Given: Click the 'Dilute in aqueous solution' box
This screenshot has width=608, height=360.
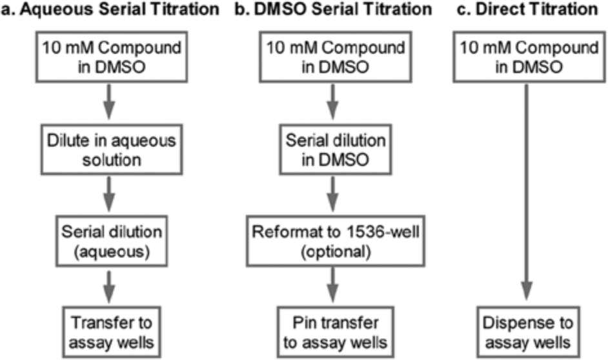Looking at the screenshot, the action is coord(112,150).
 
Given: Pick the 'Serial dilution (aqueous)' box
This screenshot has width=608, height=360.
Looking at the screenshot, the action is coord(112,241).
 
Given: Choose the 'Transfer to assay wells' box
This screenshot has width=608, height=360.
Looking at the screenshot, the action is coord(112,332).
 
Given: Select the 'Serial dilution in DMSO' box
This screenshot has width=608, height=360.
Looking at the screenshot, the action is coord(336,150).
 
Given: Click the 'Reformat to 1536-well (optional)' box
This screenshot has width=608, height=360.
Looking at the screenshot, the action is coord(336,241).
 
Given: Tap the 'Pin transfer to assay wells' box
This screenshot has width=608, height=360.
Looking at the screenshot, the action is coord(336,332).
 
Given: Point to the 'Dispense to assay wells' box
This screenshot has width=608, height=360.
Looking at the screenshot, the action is coord(528,332).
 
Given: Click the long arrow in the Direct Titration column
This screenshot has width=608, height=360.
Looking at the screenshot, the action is coord(527,192).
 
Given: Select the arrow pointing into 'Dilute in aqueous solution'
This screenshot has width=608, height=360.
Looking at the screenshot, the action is coord(109,102).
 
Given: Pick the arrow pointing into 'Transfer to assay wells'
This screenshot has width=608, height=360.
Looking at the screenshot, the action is coord(109,286).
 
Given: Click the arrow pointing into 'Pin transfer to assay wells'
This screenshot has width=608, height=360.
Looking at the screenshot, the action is coord(332,285).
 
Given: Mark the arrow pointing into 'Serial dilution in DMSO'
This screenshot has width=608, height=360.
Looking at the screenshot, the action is coord(332,102).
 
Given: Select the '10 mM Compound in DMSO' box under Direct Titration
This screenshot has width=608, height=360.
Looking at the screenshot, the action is coord(529,57).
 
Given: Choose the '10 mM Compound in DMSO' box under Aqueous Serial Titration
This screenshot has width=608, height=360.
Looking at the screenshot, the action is coord(112,57).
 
